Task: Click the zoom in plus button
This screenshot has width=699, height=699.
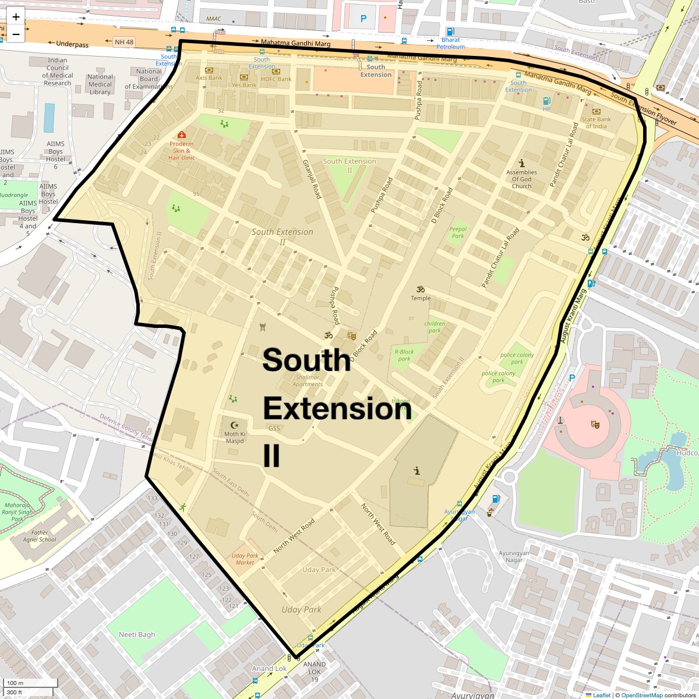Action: point(16,17)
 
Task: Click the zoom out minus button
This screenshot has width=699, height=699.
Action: point(16,34)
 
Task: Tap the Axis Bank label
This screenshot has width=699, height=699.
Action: point(209,78)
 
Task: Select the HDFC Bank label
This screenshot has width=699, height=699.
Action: point(276,79)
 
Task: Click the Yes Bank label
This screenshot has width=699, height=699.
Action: point(244,85)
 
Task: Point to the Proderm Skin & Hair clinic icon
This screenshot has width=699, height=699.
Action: point(182,135)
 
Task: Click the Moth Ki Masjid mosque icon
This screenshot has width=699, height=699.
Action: point(235,425)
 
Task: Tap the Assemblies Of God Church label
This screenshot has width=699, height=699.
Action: point(521,179)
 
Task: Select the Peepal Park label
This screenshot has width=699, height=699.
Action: point(458,232)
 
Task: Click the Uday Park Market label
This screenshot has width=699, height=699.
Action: point(245,559)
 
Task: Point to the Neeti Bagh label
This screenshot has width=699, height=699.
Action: point(137,634)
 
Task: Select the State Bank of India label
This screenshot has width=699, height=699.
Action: point(596,122)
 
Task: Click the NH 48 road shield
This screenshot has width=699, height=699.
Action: point(123,42)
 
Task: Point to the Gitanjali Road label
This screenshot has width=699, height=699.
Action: point(312,179)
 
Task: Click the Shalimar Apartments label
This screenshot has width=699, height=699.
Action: point(308,380)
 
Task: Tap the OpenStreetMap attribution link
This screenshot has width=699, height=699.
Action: point(642,695)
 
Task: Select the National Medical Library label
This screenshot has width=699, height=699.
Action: point(100,84)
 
